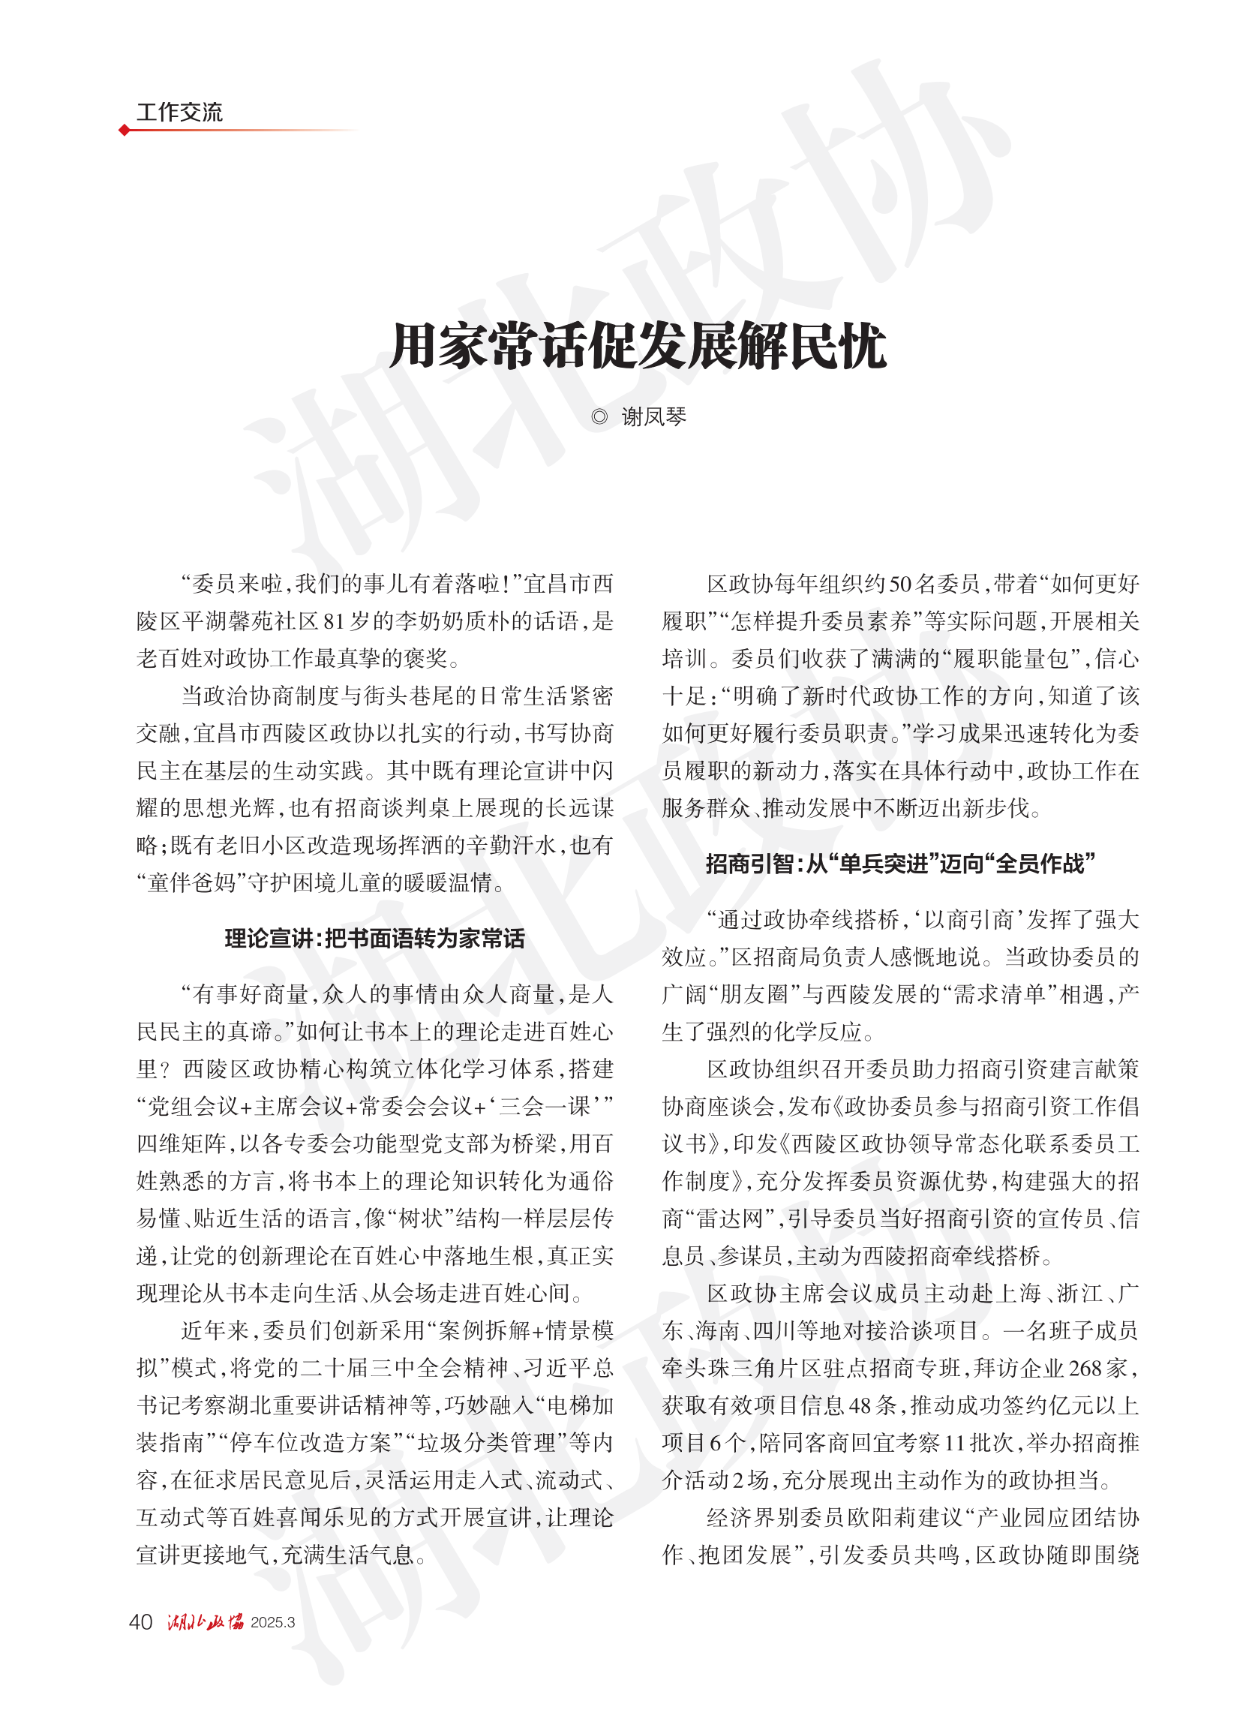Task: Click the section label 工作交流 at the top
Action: [179, 112]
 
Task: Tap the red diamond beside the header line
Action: [124, 131]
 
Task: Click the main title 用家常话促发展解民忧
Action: [638, 347]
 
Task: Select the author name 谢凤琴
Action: [654, 416]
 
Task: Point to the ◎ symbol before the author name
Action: [599, 416]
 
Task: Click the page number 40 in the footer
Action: [141, 1621]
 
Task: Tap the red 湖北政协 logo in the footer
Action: [205, 1621]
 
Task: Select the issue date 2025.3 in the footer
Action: [272, 1622]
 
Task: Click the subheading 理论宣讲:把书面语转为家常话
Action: [374, 939]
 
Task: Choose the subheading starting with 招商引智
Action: [900, 864]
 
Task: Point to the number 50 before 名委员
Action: [901, 585]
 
